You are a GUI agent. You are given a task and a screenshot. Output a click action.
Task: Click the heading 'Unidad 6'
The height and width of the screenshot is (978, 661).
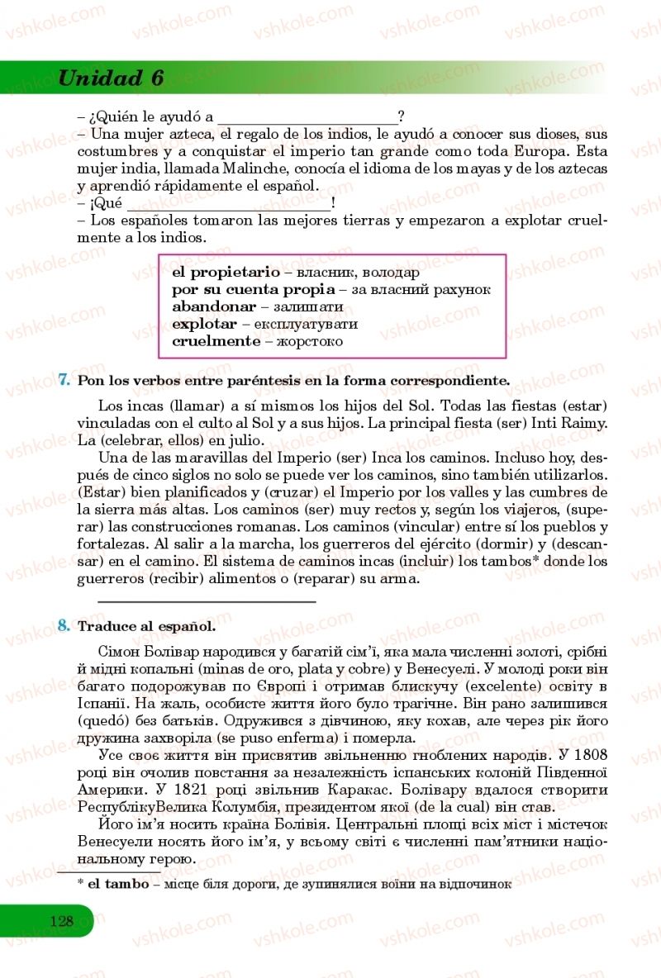click(x=111, y=78)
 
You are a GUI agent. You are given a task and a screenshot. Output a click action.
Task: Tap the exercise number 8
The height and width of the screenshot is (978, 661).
click(x=64, y=625)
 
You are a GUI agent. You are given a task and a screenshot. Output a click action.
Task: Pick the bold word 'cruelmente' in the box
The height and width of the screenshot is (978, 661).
click(x=216, y=341)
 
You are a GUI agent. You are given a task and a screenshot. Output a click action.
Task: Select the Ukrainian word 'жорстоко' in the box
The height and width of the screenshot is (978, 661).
click(x=309, y=341)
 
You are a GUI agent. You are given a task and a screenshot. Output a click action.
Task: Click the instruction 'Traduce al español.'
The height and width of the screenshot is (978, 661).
click(x=146, y=626)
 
